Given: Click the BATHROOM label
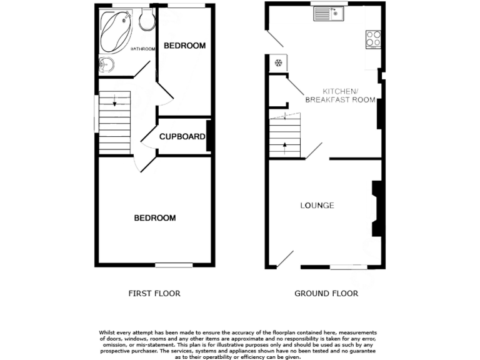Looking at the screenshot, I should (142, 49).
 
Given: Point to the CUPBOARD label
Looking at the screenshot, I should (182, 136).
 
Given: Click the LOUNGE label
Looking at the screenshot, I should (317, 206).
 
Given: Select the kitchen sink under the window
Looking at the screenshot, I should (329, 12).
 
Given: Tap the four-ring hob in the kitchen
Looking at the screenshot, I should (373, 39).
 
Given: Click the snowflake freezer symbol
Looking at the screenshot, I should (278, 63).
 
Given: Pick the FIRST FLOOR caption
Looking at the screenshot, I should (154, 293).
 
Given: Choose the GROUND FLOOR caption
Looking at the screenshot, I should (326, 293).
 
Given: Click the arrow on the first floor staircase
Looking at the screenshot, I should (115, 104).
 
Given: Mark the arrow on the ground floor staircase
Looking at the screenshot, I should (286, 146).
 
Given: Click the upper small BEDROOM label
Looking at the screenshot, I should (184, 46).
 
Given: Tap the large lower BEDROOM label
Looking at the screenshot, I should (155, 218).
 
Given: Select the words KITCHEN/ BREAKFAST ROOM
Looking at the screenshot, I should (340, 95).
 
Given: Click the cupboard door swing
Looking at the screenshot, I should (148, 137).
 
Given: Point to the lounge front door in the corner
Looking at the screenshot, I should (284, 259).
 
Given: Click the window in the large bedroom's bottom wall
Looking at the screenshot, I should (174, 266).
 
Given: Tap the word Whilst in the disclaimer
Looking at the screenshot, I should (108, 332).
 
